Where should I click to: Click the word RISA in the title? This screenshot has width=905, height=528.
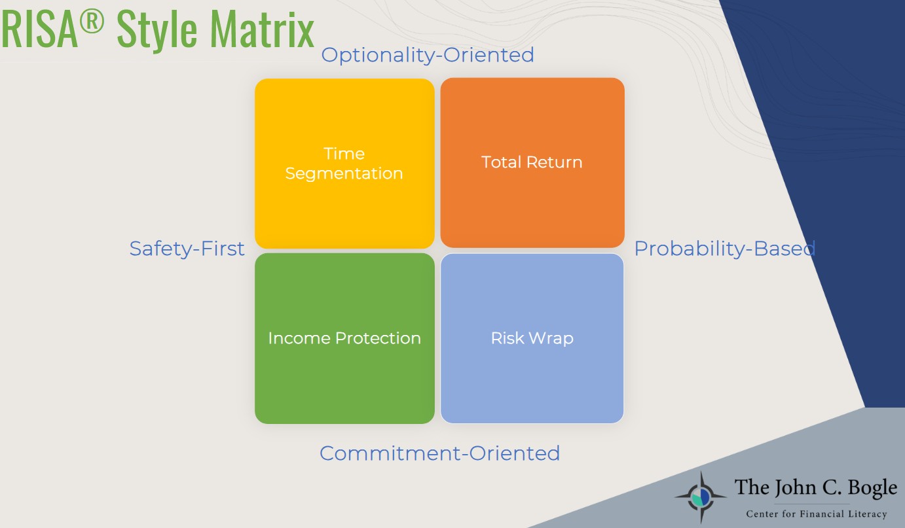point(39,29)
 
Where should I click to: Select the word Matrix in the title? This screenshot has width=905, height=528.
point(262,29)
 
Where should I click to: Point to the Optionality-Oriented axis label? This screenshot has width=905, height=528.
point(428,56)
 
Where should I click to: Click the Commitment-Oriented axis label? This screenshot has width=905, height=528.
point(439,453)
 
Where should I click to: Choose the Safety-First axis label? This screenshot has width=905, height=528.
point(187,249)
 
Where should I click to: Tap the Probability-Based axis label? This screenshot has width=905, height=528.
point(724,249)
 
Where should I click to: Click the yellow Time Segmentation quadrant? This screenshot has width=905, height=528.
point(344,164)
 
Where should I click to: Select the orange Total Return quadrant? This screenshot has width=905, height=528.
point(532,163)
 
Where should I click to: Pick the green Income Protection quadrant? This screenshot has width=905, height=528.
point(344,338)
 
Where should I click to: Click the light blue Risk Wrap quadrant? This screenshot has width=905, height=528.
point(532,338)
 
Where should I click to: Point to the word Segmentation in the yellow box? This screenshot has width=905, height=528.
point(344,174)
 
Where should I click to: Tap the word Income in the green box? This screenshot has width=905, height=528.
point(299,338)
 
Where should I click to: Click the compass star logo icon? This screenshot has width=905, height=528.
point(701,497)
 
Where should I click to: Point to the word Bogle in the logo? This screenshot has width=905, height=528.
point(872,488)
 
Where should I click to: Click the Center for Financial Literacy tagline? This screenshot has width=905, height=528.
point(816,514)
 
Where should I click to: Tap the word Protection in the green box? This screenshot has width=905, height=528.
point(378,338)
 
